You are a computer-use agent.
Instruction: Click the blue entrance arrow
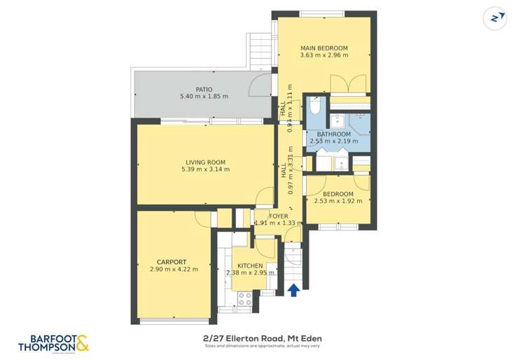click(x=295, y=289)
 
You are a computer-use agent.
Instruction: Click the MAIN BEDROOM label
click(x=324, y=48)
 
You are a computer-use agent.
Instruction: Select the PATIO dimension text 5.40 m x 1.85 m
click(x=204, y=97)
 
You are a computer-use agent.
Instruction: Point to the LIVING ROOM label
click(x=205, y=162)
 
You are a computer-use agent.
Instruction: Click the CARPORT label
click(x=171, y=262)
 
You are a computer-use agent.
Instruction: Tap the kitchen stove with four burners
click(x=245, y=299)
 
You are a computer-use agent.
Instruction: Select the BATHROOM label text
click(x=334, y=134)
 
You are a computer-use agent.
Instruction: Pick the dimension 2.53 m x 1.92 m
click(x=338, y=201)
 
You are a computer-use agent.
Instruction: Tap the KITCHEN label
click(x=250, y=266)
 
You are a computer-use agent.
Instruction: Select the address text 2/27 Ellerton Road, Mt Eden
click(x=262, y=338)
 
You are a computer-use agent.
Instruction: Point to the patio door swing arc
click(x=261, y=87)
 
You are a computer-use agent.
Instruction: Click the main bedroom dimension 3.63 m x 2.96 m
click(x=324, y=56)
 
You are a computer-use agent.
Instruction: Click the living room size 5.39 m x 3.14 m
click(x=205, y=169)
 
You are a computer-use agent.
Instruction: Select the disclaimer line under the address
click(x=262, y=346)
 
